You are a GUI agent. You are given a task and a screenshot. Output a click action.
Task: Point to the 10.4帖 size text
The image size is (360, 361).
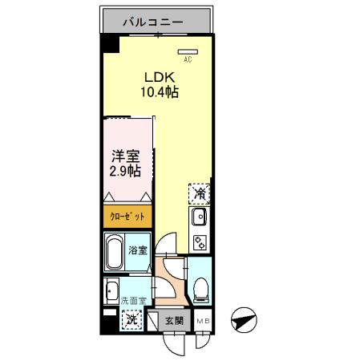click(x=160, y=92)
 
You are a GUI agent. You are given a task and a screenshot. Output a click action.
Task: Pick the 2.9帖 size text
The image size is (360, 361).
click(x=125, y=171)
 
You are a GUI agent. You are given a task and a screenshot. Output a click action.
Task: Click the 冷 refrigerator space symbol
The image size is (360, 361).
click(x=200, y=193)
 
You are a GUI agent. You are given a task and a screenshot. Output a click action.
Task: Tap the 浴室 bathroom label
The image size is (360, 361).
click(x=139, y=250)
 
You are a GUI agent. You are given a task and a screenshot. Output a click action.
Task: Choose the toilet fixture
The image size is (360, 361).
click(x=200, y=286)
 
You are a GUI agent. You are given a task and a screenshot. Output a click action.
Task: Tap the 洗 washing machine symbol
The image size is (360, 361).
click(x=131, y=318)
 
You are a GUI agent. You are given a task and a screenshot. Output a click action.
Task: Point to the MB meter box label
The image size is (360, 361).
click(x=203, y=320)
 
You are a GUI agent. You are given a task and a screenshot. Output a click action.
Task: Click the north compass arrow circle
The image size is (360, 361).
click(x=243, y=321)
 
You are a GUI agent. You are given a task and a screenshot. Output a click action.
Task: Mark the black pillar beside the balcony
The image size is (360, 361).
click(x=107, y=47)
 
